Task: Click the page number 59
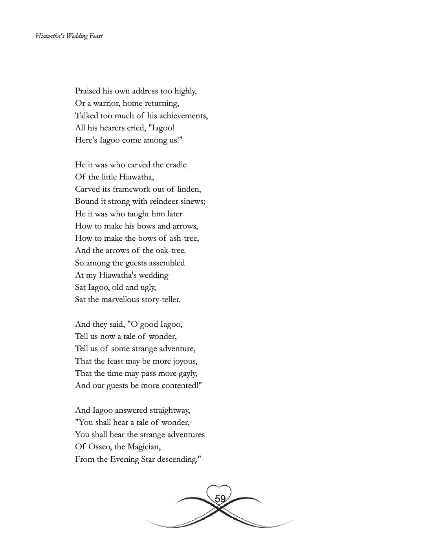220,499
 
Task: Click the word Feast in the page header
96,36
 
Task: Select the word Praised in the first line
88,91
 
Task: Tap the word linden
189,189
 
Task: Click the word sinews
193,201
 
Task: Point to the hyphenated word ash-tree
184,238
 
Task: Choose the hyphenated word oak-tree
171,251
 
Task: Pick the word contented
181,386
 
